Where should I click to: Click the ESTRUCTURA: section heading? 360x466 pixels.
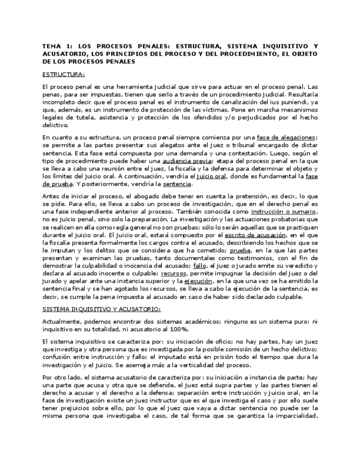click(63, 75)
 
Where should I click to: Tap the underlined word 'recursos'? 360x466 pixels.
click(173, 273)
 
